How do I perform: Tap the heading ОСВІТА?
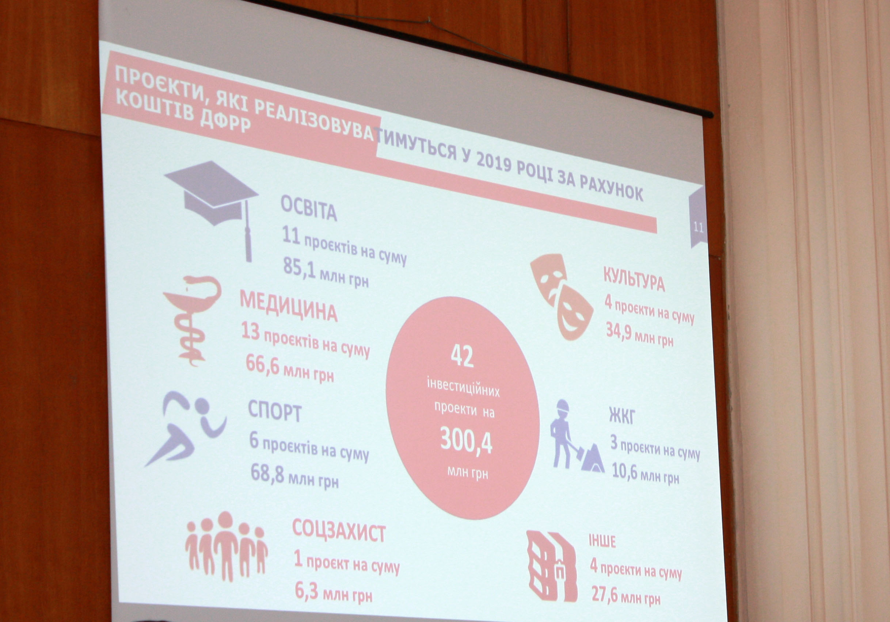point(309,208)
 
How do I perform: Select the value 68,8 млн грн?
point(294,476)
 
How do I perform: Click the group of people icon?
point(227,546)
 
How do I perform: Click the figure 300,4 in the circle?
point(466,441)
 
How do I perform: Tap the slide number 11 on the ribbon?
point(698,227)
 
